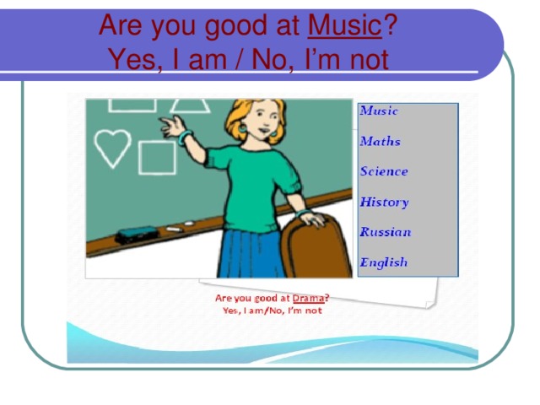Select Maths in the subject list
pos(380,141)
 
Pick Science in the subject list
pos(383,171)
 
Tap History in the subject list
pos(384,202)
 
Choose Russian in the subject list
pos(385,232)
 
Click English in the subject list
pos(383,262)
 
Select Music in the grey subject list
pos(379,111)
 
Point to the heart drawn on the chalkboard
pos(111,148)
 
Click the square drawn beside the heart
pos(156,157)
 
